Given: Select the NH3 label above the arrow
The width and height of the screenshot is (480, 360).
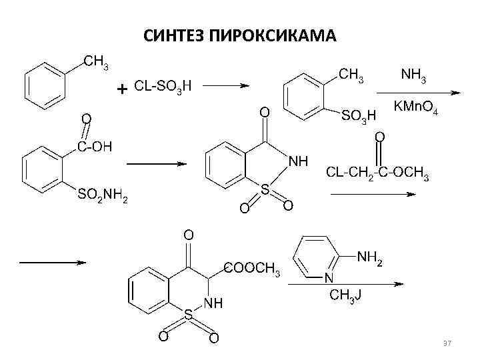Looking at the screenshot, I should tap(413, 75).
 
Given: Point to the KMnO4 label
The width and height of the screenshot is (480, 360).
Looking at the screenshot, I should tap(415, 107).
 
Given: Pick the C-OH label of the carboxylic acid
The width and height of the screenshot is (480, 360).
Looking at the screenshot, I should tap(95, 145).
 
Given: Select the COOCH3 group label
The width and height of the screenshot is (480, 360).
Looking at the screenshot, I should tap(252, 269).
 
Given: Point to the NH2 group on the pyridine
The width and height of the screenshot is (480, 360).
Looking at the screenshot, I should tap(370, 256).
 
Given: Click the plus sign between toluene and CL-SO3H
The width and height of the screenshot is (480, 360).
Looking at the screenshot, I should tap(122, 89).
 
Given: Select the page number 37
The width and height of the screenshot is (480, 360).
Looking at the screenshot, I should tap(447, 343).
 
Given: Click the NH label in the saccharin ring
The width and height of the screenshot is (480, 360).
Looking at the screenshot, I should tap(298, 161).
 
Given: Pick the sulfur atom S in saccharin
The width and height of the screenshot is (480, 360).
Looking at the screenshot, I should tap(265, 190).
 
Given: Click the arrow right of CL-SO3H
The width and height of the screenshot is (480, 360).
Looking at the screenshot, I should tap(226, 85).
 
